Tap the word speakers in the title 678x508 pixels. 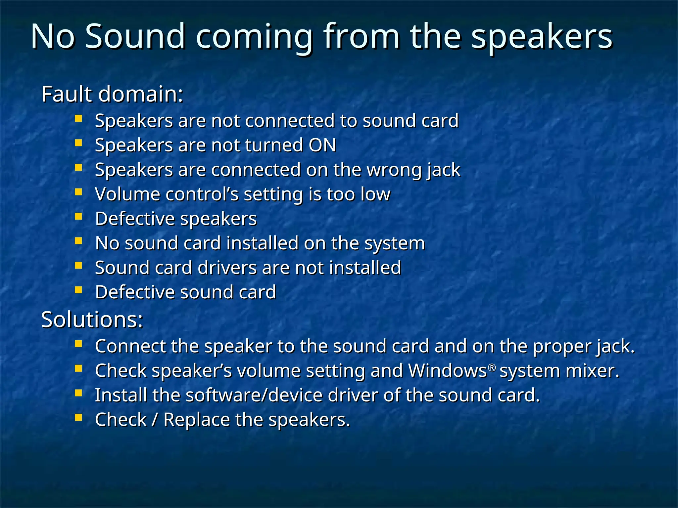click(542, 37)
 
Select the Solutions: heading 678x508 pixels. click(92, 319)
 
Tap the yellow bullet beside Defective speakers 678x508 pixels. click(78, 217)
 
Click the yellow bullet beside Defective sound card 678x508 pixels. click(78, 290)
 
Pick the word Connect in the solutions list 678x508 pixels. click(130, 346)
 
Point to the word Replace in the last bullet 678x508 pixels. click(196, 420)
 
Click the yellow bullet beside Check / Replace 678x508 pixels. click(78, 418)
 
